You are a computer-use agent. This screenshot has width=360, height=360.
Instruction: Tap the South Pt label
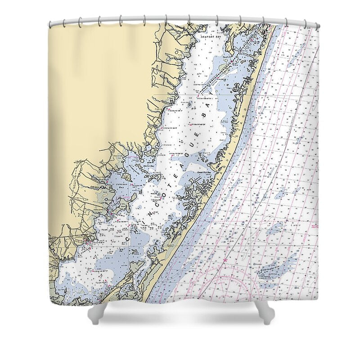pos(226,57)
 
